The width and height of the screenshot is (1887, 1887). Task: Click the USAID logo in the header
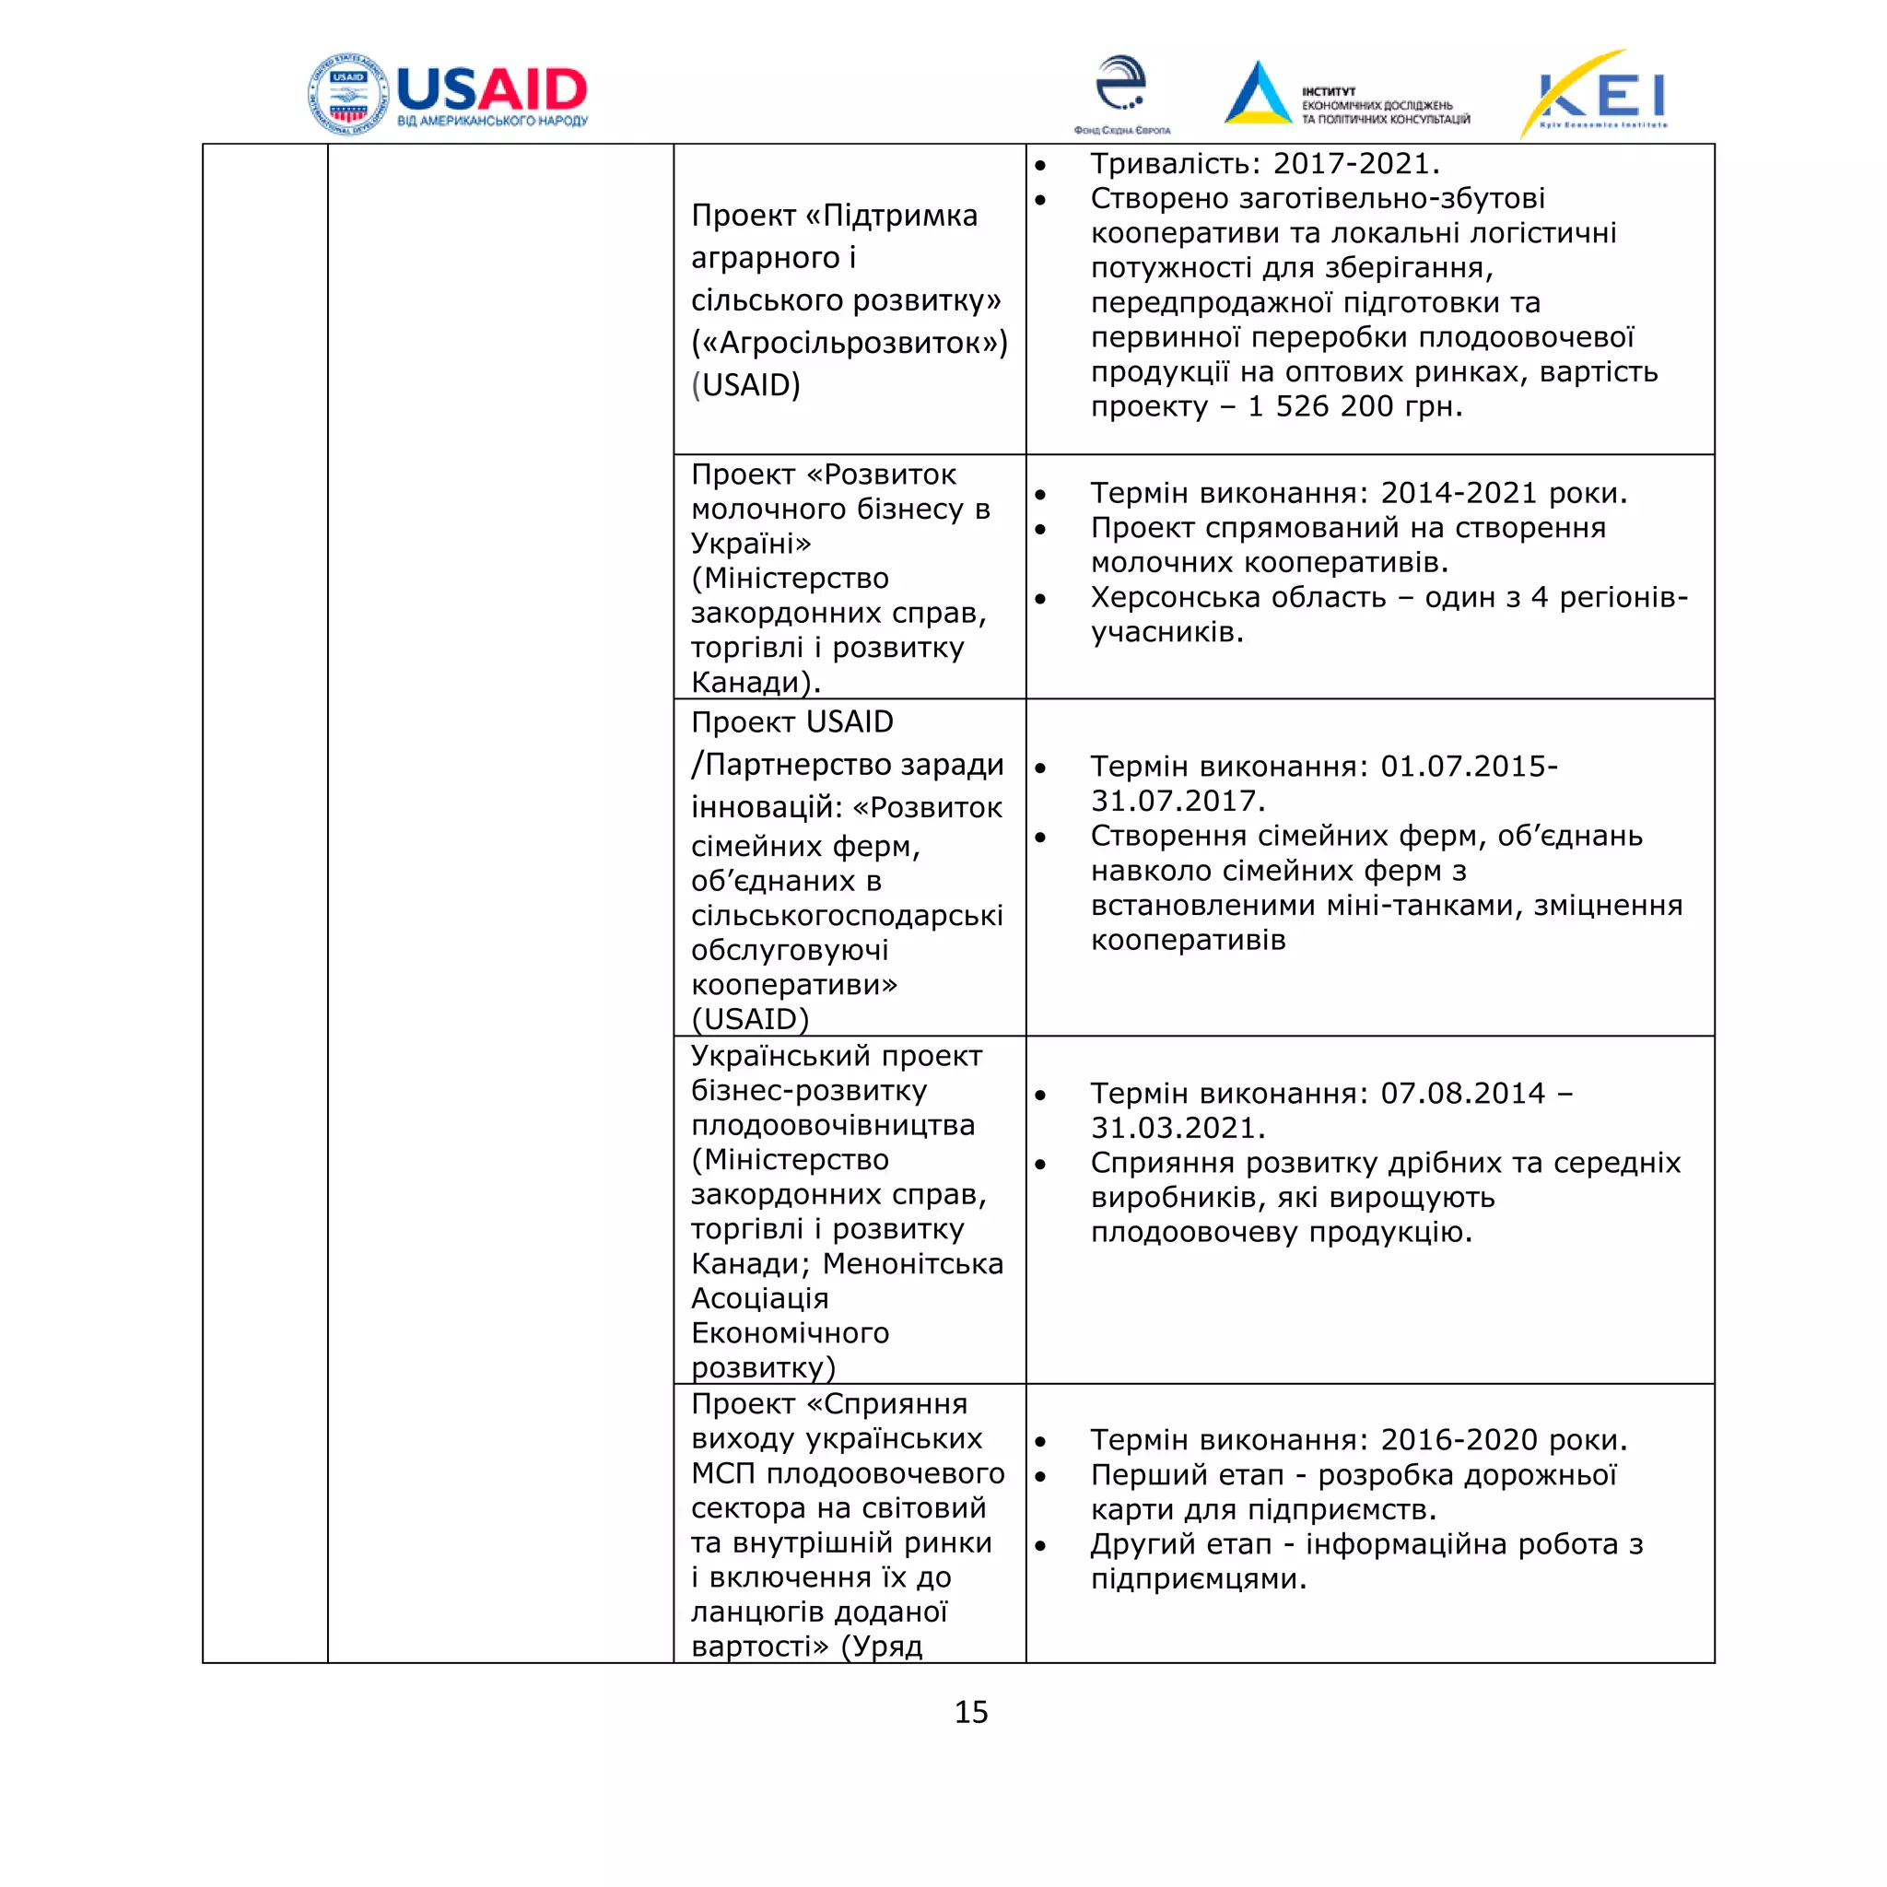[x=447, y=94]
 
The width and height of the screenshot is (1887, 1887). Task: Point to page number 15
[x=971, y=1712]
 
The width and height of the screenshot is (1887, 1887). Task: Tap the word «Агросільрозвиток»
[x=850, y=343]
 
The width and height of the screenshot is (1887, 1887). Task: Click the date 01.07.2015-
[x=1469, y=767]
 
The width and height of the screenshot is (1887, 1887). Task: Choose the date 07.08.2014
[x=1463, y=1093]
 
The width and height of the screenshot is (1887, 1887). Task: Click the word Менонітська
[x=912, y=1264]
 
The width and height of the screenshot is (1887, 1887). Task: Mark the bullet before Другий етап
[x=1041, y=1546]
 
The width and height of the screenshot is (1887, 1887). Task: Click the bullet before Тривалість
[x=1041, y=166]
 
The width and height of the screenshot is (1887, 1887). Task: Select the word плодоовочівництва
[x=832, y=1125]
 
